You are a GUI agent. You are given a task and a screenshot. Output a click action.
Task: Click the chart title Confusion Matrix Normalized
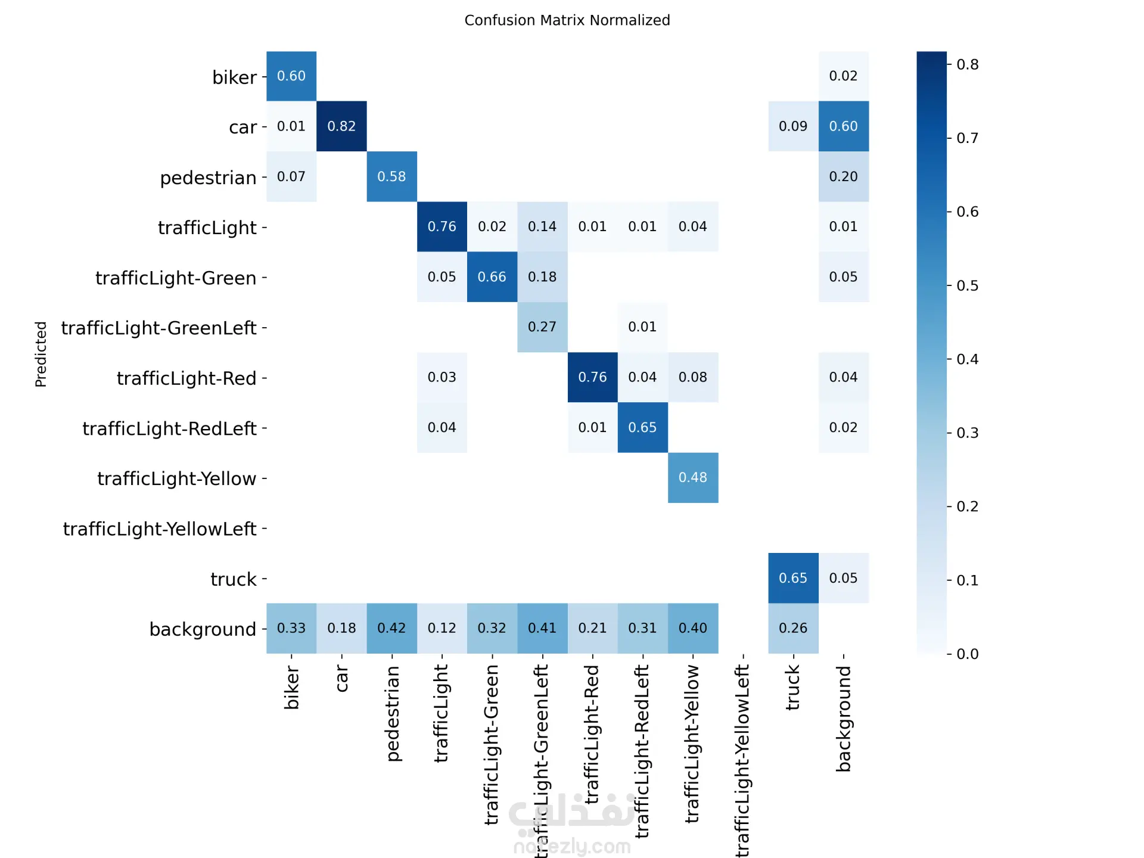(x=567, y=20)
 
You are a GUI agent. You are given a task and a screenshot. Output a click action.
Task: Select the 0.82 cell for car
(x=341, y=126)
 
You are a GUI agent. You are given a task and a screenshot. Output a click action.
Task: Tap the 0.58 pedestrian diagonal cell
(x=391, y=176)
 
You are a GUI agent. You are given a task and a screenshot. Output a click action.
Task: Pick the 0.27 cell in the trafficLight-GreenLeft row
(x=542, y=327)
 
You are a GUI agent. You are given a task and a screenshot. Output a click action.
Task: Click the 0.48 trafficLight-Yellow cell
(x=692, y=478)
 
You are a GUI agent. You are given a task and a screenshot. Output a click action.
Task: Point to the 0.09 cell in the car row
(x=793, y=126)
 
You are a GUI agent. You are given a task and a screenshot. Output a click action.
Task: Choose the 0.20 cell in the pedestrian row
(x=843, y=176)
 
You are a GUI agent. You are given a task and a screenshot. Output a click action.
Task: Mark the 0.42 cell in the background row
(x=391, y=628)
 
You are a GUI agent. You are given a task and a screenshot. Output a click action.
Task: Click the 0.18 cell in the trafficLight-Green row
(x=542, y=277)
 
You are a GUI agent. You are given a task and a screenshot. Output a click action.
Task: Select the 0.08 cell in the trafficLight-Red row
(x=692, y=377)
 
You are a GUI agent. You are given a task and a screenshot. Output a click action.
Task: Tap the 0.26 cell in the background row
(x=793, y=628)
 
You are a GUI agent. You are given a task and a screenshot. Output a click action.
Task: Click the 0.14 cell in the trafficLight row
(x=542, y=226)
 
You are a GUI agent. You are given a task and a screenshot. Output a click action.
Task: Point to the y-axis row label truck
(x=233, y=579)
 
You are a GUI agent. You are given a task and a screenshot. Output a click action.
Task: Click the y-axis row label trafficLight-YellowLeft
(x=160, y=529)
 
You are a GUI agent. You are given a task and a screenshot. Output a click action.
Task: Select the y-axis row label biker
(x=234, y=77)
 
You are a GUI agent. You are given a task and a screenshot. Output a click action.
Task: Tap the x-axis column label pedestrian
(x=392, y=713)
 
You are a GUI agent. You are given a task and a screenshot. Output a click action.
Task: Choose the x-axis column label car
(x=341, y=679)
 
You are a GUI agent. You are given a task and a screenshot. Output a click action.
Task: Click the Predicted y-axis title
(x=41, y=354)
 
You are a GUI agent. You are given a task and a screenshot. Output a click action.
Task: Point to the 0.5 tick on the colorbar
(x=967, y=285)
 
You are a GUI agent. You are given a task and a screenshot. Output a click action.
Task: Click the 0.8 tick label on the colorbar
(x=967, y=64)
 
